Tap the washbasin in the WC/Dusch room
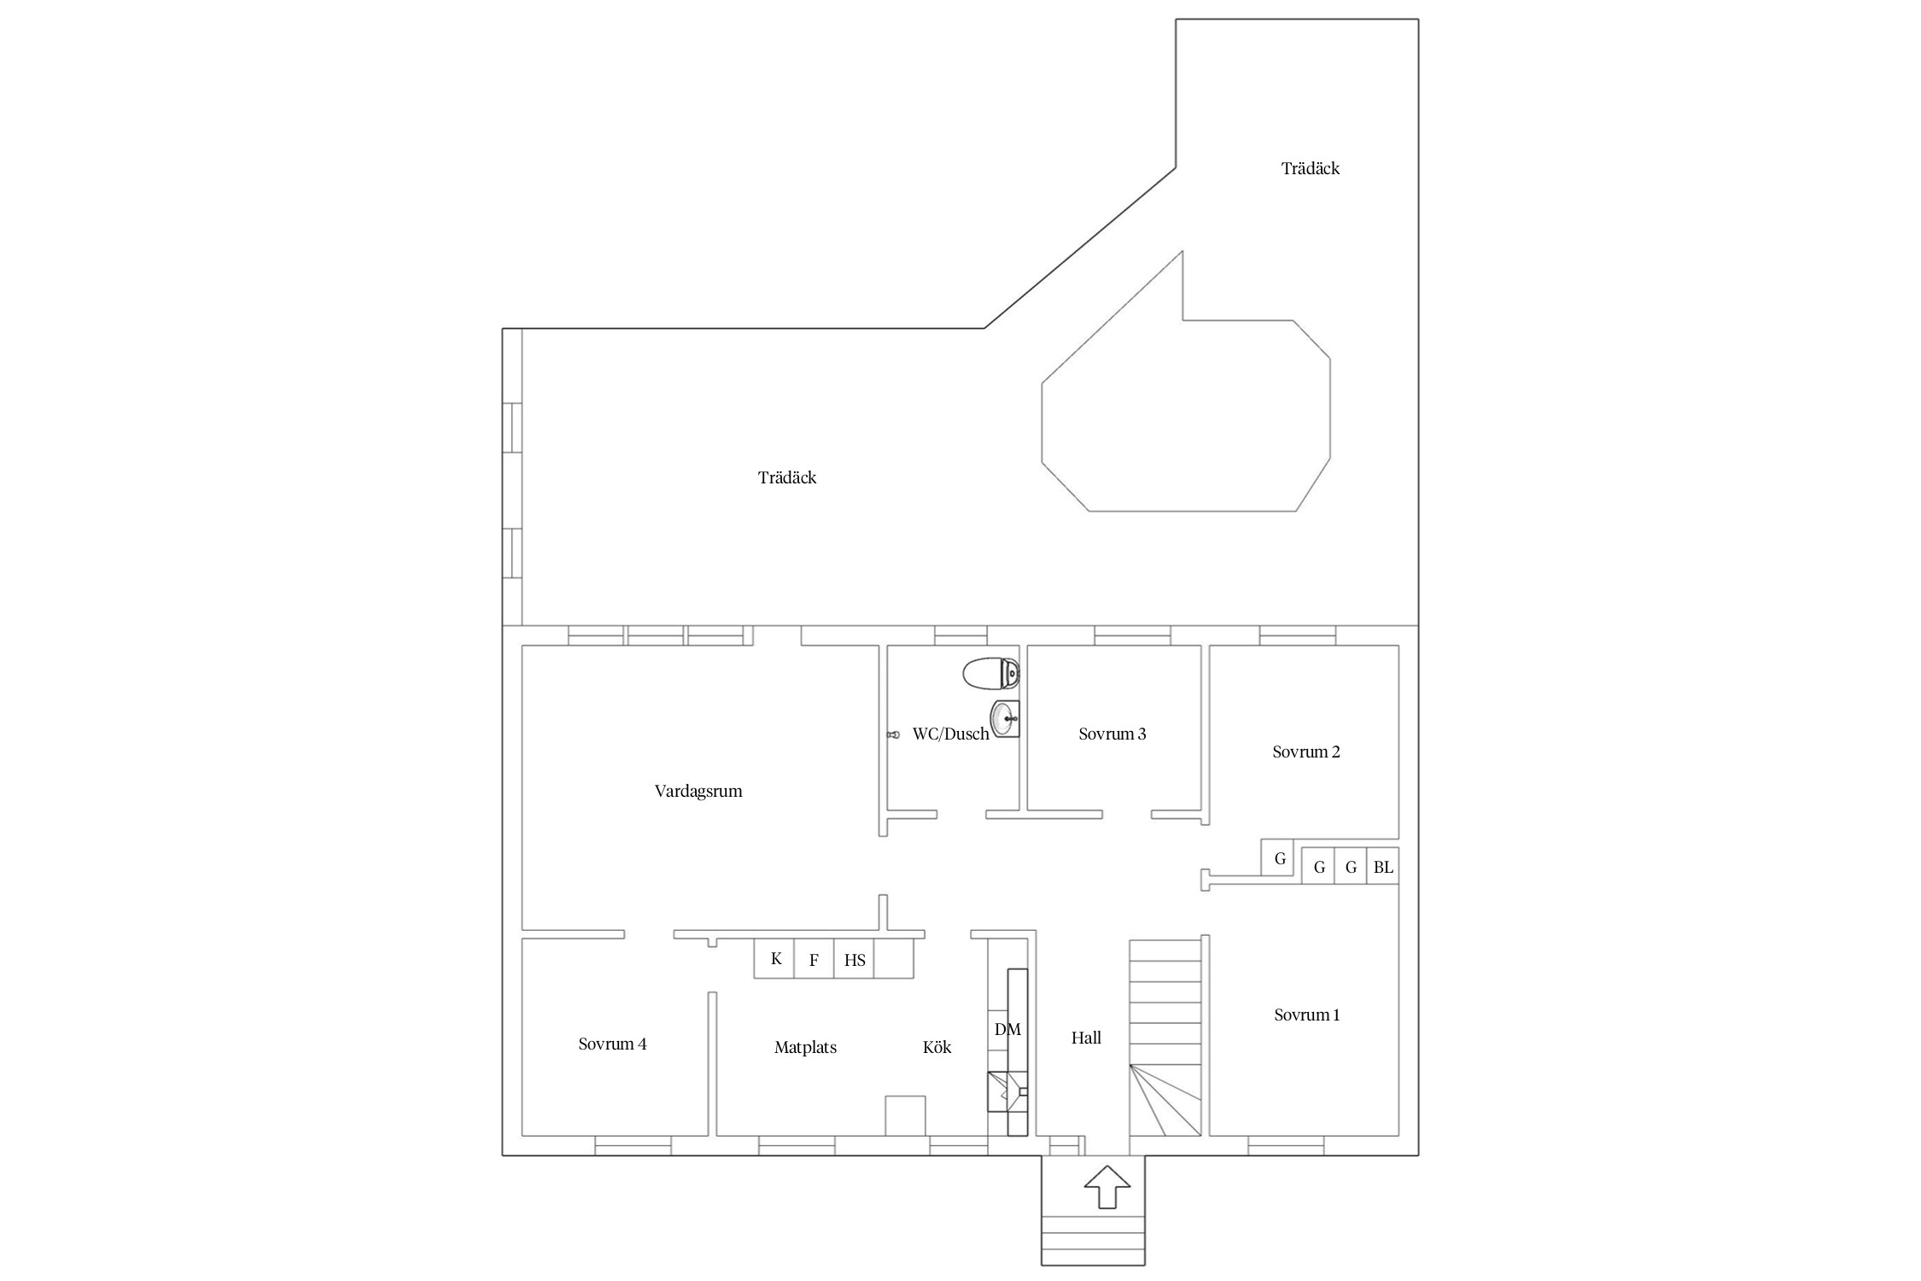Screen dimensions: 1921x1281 click(1005, 718)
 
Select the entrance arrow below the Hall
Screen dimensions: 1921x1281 click(1107, 1187)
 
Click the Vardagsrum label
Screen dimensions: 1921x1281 click(698, 791)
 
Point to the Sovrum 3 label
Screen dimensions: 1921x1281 click(1112, 734)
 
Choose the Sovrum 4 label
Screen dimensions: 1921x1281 click(612, 1044)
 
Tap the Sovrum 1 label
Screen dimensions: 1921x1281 click(1307, 1015)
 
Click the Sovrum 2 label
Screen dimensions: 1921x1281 click(1306, 752)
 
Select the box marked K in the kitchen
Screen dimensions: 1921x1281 click(774, 958)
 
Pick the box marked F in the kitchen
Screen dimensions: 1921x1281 click(815, 958)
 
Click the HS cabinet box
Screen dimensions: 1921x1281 click(855, 958)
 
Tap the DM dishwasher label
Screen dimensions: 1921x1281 click(1007, 1029)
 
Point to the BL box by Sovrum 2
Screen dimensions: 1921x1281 click(1383, 868)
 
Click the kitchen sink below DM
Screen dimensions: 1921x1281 click(1007, 1091)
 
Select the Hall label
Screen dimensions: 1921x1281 click(1086, 1038)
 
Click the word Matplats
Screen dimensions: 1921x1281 click(805, 1047)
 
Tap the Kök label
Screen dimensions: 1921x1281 click(937, 1047)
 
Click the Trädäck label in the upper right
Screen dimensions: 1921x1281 click(1311, 168)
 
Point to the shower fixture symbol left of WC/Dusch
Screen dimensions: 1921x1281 click(894, 734)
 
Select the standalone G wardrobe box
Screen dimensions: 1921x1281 click(1279, 858)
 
